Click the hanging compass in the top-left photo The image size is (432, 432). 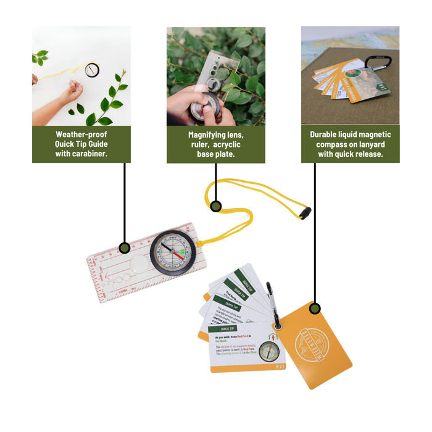click(92, 70)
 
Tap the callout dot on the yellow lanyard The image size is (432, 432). click(216, 206)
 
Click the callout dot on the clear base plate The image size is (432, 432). click(125, 248)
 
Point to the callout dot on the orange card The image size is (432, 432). click(315, 308)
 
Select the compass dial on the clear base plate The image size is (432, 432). click(172, 253)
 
